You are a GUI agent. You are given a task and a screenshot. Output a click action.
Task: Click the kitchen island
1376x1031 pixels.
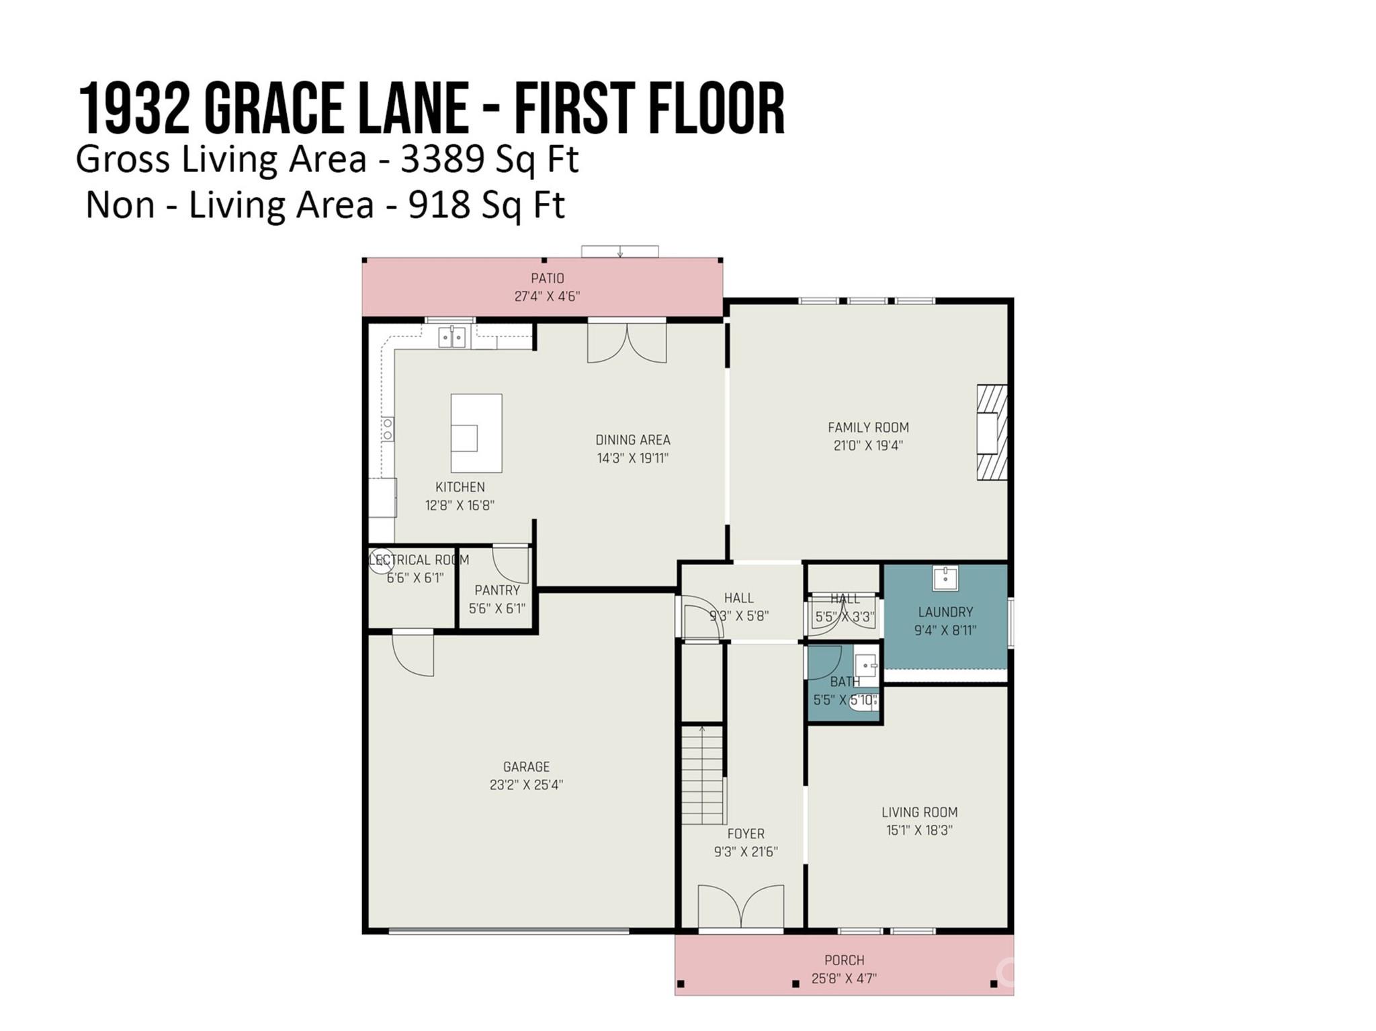[x=476, y=433]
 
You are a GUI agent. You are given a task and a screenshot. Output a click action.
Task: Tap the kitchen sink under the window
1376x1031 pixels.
[x=451, y=337]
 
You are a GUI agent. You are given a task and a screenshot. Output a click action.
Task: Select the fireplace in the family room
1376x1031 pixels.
[x=992, y=432]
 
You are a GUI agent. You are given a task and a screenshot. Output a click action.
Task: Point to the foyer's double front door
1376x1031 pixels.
[x=740, y=908]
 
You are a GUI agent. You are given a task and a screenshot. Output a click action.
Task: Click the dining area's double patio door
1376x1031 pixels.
[x=627, y=342]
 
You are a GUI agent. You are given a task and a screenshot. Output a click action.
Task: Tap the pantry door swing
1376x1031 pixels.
[x=511, y=564]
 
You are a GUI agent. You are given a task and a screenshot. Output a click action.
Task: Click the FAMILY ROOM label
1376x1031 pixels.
[x=868, y=427]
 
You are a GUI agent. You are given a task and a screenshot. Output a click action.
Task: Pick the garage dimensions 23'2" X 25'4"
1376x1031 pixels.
[x=526, y=785]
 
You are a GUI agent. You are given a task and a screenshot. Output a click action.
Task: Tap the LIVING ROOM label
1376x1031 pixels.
[x=919, y=812]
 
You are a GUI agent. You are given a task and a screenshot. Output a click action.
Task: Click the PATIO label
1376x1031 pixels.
[x=548, y=278]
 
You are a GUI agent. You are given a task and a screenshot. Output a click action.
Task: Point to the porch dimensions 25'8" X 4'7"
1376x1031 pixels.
[x=844, y=979]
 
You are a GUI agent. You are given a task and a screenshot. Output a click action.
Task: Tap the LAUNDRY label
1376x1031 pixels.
[x=945, y=612]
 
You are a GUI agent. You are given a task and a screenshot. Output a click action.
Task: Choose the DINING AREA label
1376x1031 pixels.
[x=633, y=440]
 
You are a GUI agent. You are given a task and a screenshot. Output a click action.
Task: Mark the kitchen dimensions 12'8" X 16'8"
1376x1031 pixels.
[x=460, y=505]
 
